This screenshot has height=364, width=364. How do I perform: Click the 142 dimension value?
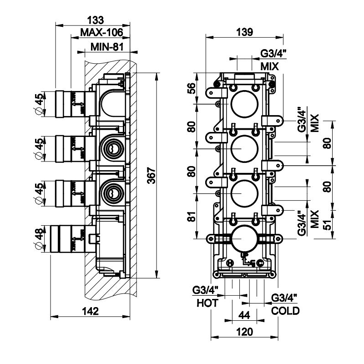pyautogui.click(x=91, y=311)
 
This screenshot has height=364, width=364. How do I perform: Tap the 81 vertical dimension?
pyautogui.click(x=192, y=217)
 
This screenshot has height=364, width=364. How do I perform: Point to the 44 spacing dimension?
pyautogui.click(x=244, y=314)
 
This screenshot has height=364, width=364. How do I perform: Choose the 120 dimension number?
pyautogui.click(x=244, y=332)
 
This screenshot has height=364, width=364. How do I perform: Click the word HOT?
pyautogui.click(x=207, y=303)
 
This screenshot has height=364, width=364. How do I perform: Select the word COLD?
pyautogui.click(x=285, y=311)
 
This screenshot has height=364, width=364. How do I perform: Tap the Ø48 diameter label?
pyautogui.click(x=40, y=238)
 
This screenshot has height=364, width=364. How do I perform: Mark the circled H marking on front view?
pyautogui.click(x=230, y=263)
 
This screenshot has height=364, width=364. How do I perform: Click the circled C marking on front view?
pyautogui.click(x=260, y=263)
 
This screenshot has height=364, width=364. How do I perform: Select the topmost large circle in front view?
pyautogui.click(x=244, y=104)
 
